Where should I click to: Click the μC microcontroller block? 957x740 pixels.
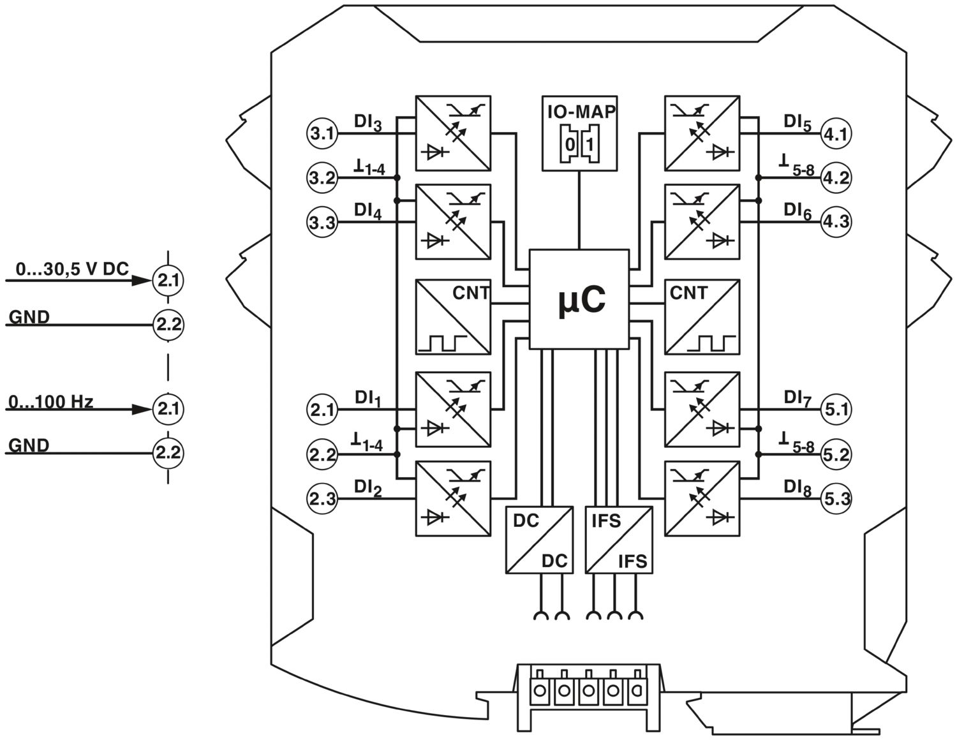[579, 299]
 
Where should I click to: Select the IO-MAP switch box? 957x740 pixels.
[579, 133]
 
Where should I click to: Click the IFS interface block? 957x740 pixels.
[619, 540]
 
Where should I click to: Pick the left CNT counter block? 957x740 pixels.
[453, 316]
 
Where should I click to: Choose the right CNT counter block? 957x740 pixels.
[702, 316]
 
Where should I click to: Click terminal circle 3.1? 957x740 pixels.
[322, 134]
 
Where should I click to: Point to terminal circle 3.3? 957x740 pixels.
[322, 223]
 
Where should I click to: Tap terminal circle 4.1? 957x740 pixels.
[836, 134]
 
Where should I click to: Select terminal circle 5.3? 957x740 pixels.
[836, 498]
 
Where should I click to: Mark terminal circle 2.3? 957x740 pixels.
[322, 498]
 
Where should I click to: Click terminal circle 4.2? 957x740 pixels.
[836, 178]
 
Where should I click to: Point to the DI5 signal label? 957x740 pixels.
[797, 122]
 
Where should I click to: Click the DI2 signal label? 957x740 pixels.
[368, 488]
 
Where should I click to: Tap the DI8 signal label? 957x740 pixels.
[797, 488]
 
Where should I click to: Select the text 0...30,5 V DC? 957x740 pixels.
[72, 270]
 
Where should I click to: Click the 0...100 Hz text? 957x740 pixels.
[51, 402]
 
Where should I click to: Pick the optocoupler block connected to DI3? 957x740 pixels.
[453, 133]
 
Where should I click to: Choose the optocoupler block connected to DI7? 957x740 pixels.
[702, 409]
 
